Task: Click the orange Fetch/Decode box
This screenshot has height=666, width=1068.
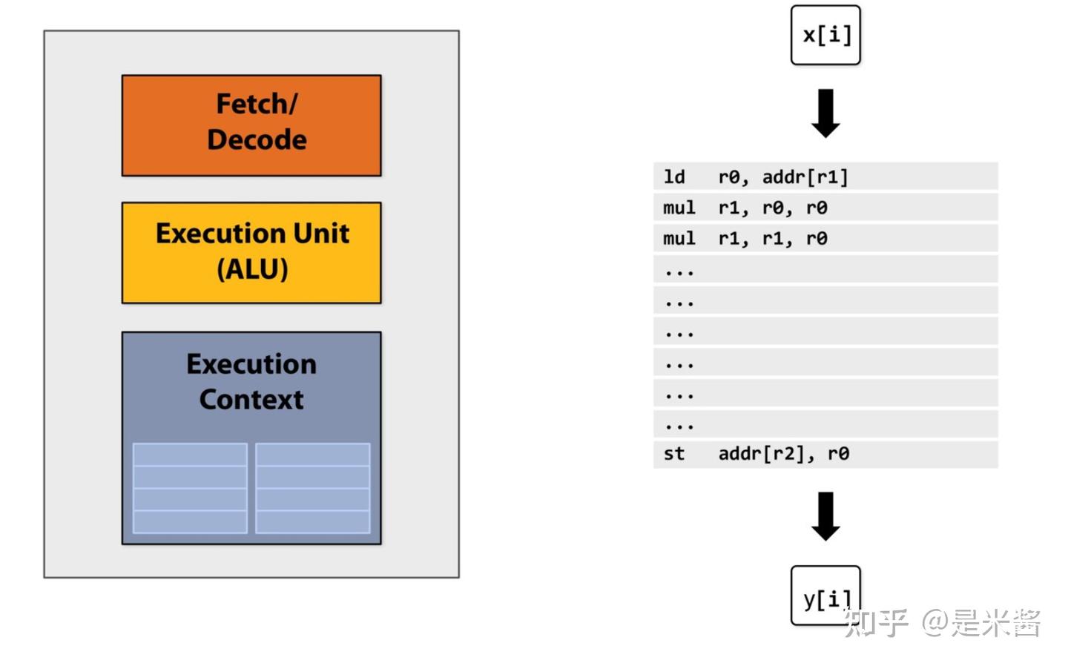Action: tap(251, 125)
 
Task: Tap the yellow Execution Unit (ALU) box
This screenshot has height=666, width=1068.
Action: tap(251, 253)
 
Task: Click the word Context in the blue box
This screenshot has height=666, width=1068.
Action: tap(251, 400)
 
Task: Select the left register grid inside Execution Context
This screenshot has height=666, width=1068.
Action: tap(190, 488)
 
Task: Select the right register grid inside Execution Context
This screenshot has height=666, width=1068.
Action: tap(312, 488)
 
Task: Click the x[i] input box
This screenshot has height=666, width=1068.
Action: tap(825, 35)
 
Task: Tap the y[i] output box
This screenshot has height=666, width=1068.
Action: tap(825, 596)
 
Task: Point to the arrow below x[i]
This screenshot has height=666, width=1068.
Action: tap(825, 113)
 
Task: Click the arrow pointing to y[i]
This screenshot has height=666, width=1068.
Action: tap(825, 516)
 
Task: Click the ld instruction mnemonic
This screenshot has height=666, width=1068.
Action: tap(673, 177)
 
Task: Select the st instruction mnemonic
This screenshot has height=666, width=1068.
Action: tap(673, 454)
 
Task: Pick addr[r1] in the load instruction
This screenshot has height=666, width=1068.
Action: tap(805, 177)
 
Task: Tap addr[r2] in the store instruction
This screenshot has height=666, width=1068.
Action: tap(761, 454)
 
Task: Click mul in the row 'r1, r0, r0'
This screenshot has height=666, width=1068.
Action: tap(679, 208)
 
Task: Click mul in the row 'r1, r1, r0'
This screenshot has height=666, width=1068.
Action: tap(679, 239)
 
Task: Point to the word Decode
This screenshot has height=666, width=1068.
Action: tap(257, 140)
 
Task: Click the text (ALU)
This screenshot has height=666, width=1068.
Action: tap(252, 269)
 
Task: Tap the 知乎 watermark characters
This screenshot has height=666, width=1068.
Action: tap(875, 623)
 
